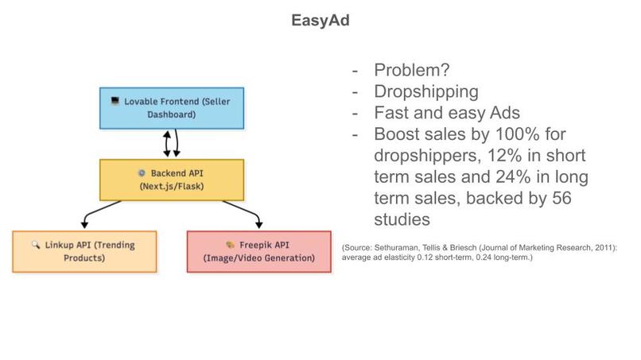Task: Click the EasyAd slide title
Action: click(320, 20)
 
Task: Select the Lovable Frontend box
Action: click(171, 108)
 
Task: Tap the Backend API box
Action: click(171, 180)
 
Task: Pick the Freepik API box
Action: click(258, 251)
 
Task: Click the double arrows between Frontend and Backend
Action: click(171, 144)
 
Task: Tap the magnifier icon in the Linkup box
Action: click(36, 246)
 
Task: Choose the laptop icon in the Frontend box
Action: click(115, 102)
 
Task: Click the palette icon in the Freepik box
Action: click(230, 246)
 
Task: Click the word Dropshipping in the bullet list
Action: click(425, 91)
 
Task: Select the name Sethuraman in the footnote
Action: click(403, 248)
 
